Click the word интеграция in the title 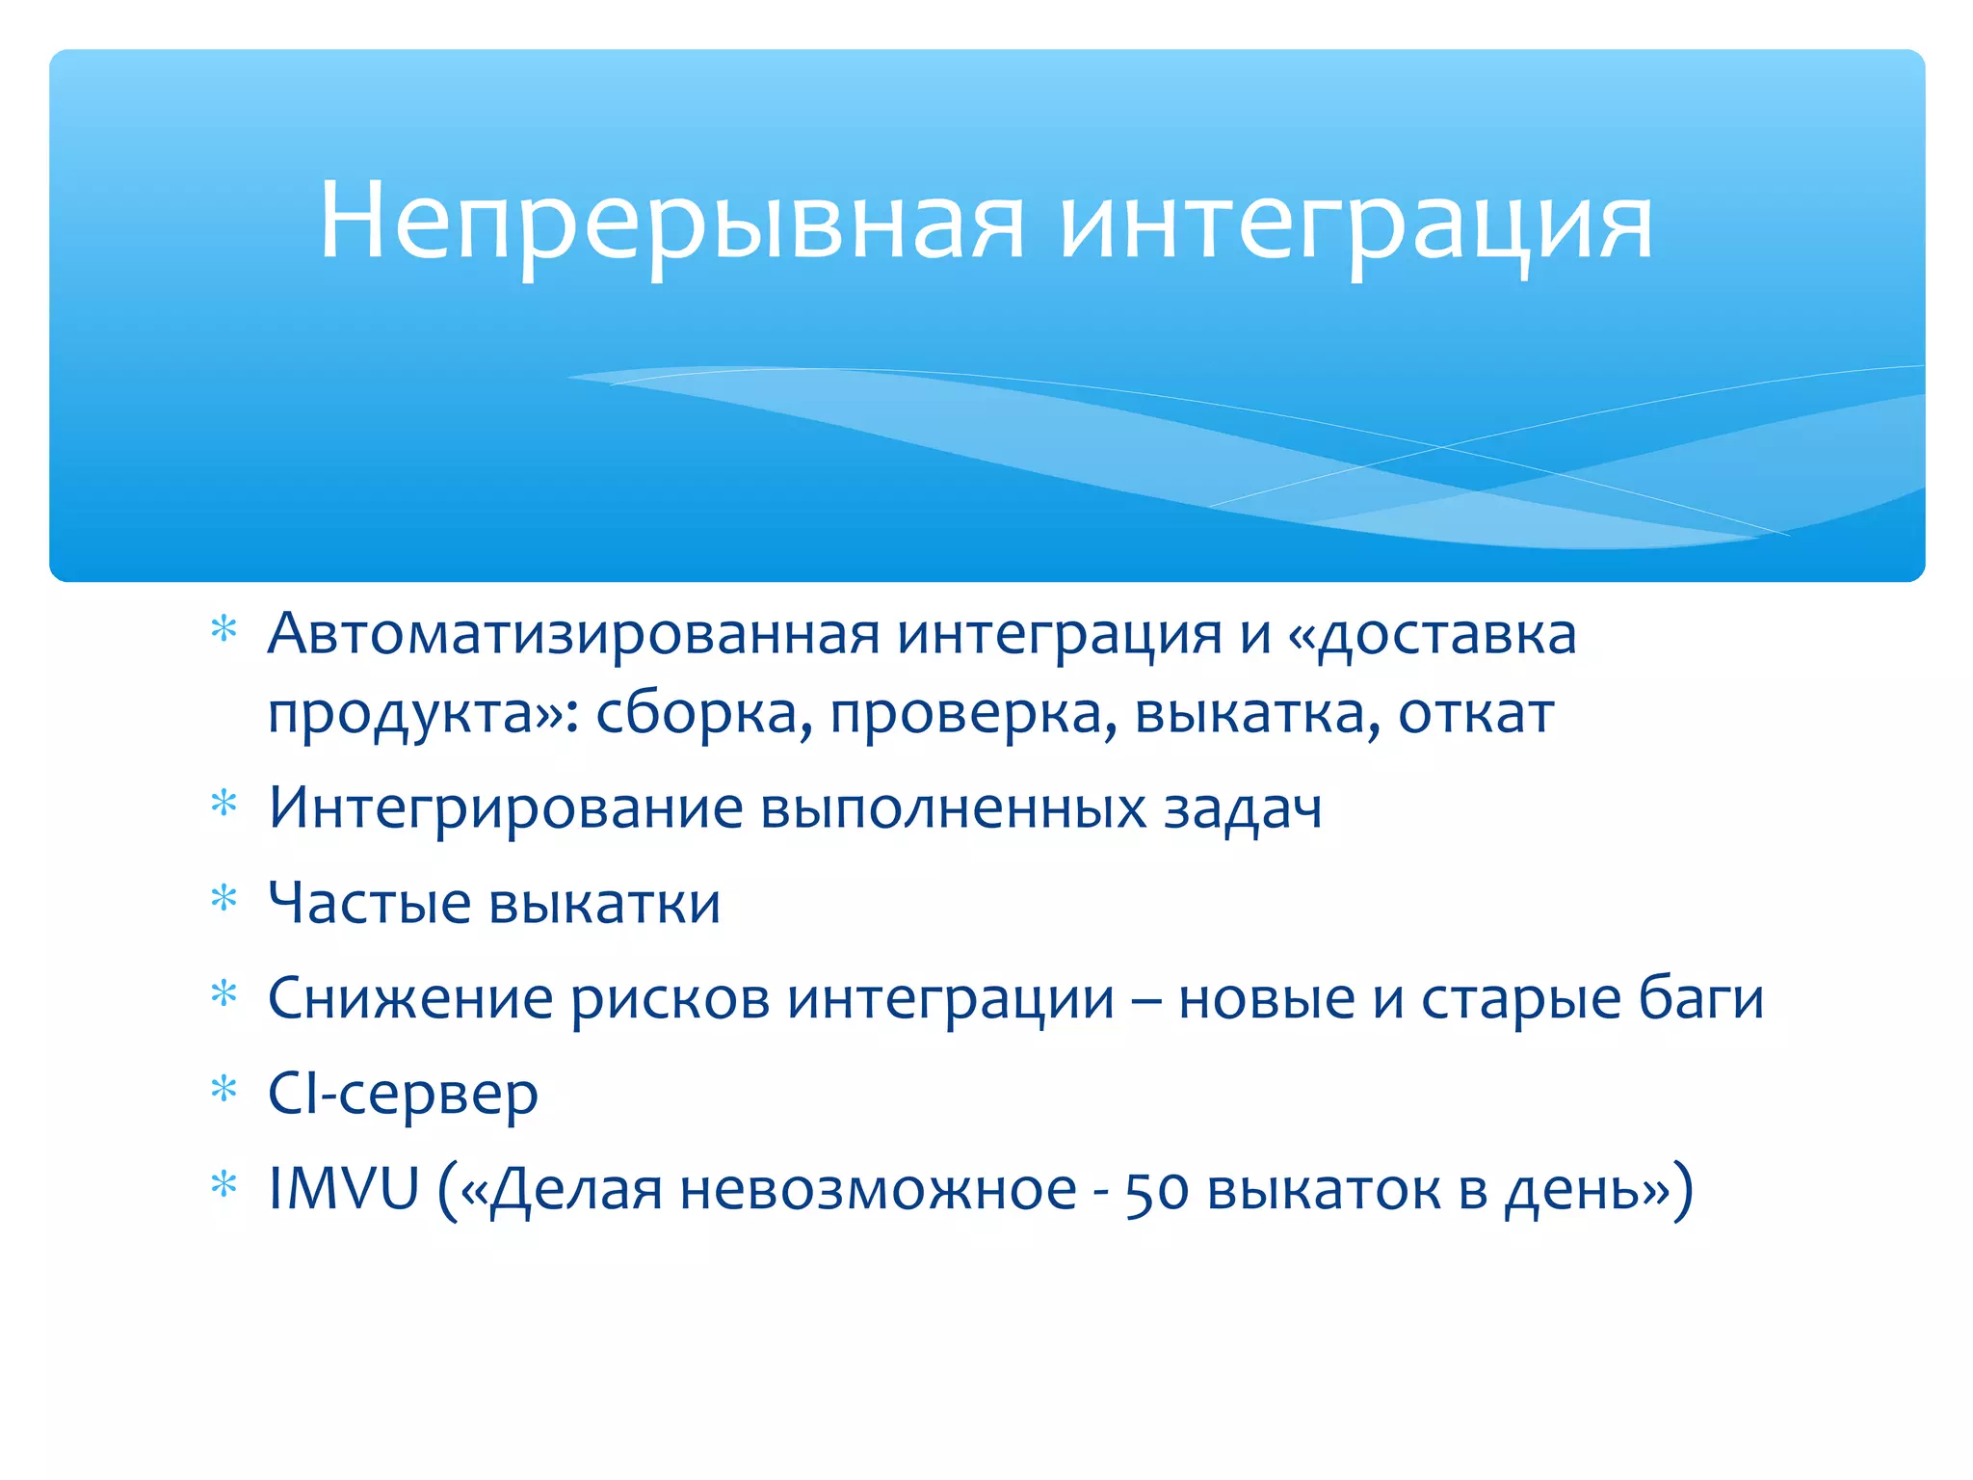pos(1355,224)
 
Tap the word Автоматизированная pos(574,635)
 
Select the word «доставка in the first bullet pos(1433,635)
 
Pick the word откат pos(1476,714)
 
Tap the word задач pos(1243,809)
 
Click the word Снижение pos(410,998)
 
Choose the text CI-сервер pos(403,1095)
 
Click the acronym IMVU pos(344,1188)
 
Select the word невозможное pos(878,1189)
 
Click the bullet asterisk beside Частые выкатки pos(224,898)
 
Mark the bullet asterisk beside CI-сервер pos(224,1089)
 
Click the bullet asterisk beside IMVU pos(224,1183)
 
